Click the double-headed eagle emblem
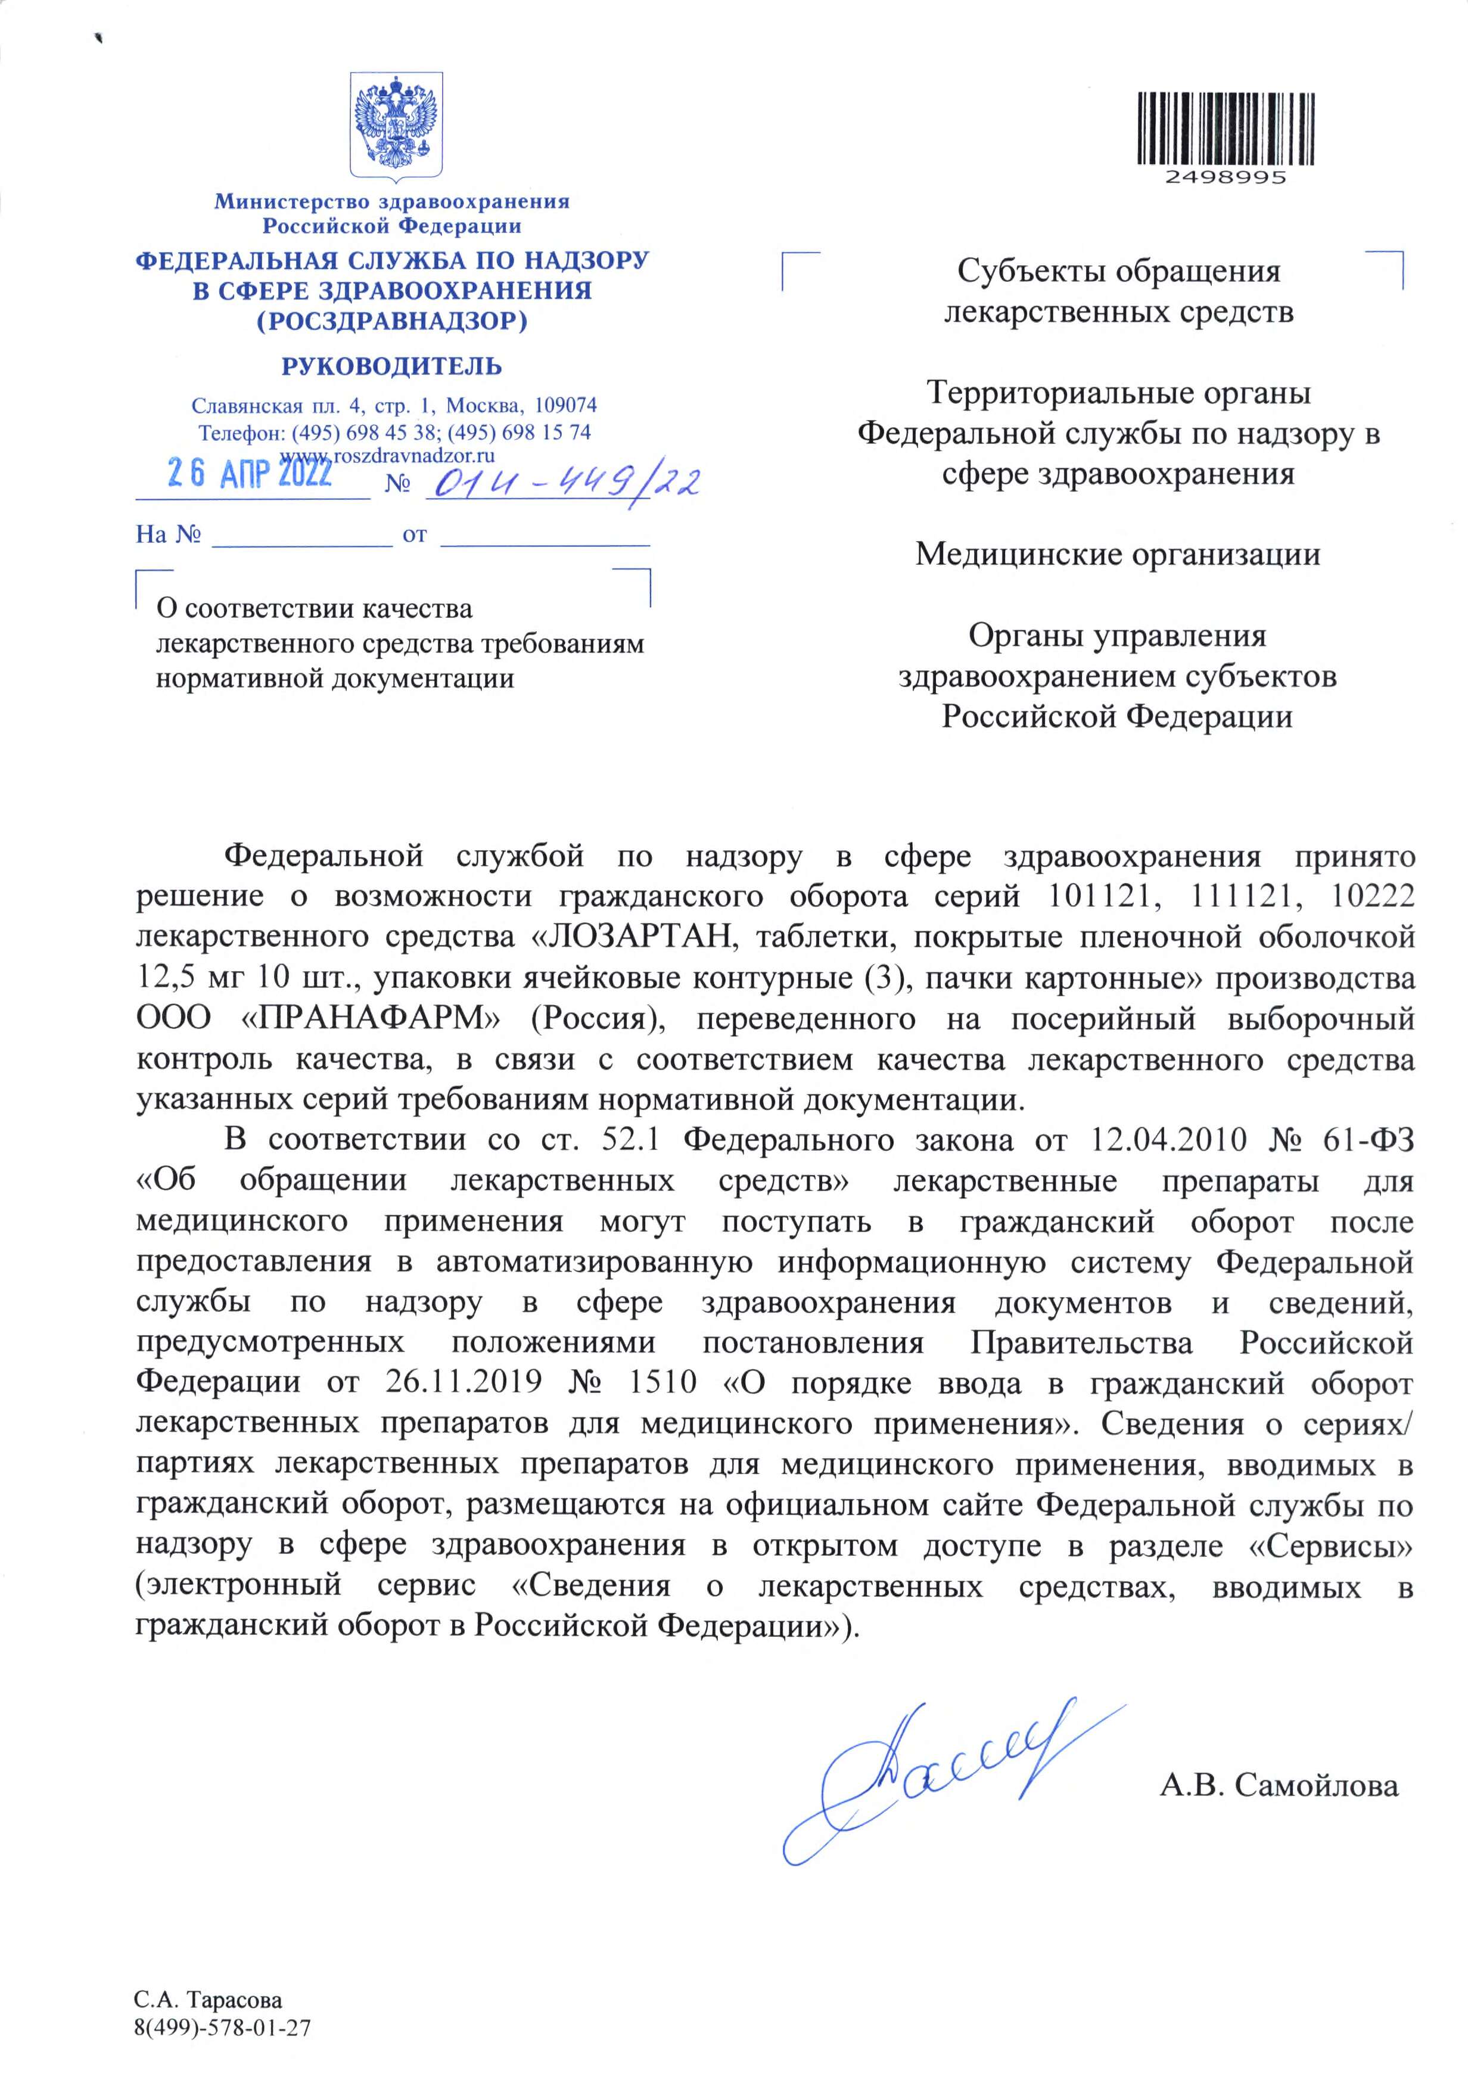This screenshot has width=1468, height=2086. click(396, 125)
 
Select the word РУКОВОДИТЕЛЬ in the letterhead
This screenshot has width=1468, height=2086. click(391, 367)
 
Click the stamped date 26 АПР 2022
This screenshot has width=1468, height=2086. click(250, 473)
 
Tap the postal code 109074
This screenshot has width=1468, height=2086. click(565, 405)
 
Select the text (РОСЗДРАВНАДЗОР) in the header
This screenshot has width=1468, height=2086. click(391, 321)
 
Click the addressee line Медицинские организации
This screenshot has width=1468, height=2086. click(1117, 554)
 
